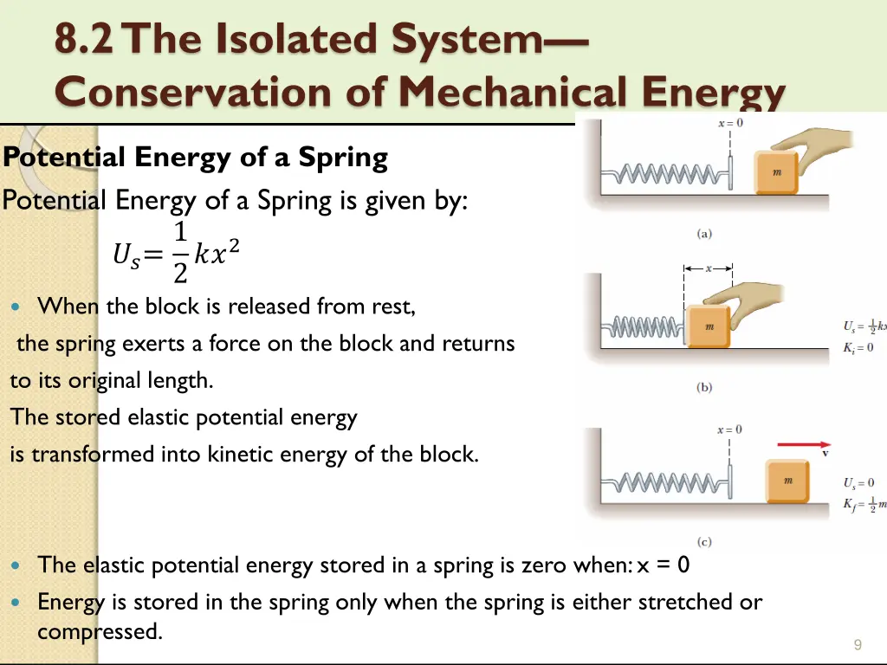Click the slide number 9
click(857, 644)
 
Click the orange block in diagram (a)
click(777, 173)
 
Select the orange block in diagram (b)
click(709, 327)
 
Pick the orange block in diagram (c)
click(787, 481)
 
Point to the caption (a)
click(704, 234)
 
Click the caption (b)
click(704, 388)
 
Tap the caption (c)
click(704, 542)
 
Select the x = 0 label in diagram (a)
click(730, 123)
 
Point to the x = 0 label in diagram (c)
click(729, 429)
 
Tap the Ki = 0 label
click(858, 347)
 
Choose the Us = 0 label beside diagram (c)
click(859, 482)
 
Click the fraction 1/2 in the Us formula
click(180, 253)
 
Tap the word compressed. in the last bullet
click(100, 631)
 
